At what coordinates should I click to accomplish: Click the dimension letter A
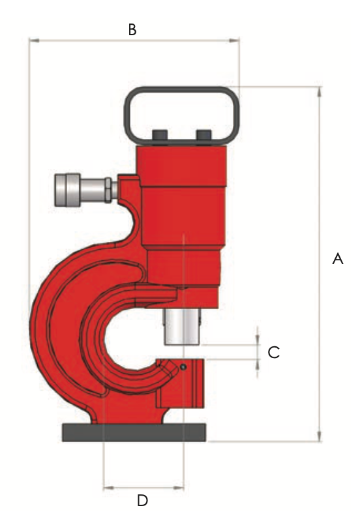338,259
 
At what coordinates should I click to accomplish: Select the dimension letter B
132,30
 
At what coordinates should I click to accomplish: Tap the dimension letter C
274,352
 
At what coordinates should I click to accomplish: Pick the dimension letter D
142,500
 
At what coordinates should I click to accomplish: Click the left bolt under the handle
160,136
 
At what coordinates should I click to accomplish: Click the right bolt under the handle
204,136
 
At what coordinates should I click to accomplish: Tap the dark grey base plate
134,432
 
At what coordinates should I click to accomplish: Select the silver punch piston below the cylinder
182,327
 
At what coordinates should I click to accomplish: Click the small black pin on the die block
183,367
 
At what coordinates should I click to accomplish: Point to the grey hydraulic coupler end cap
67,190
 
